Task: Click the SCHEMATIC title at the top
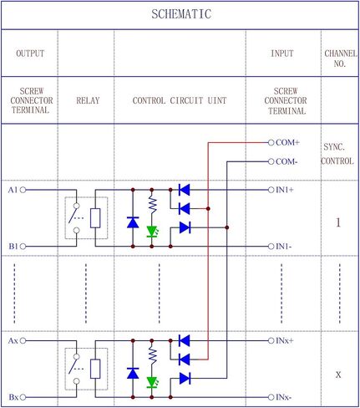(x=180, y=14)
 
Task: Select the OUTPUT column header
(x=29, y=54)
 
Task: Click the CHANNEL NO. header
(x=338, y=58)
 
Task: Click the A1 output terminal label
(x=13, y=190)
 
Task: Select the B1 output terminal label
(x=13, y=247)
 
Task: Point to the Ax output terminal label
(x=13, y=340)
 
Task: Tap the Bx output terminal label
(x=13, y=397)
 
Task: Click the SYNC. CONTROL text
(x=338, y=153)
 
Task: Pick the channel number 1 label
(x=338, y=223)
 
